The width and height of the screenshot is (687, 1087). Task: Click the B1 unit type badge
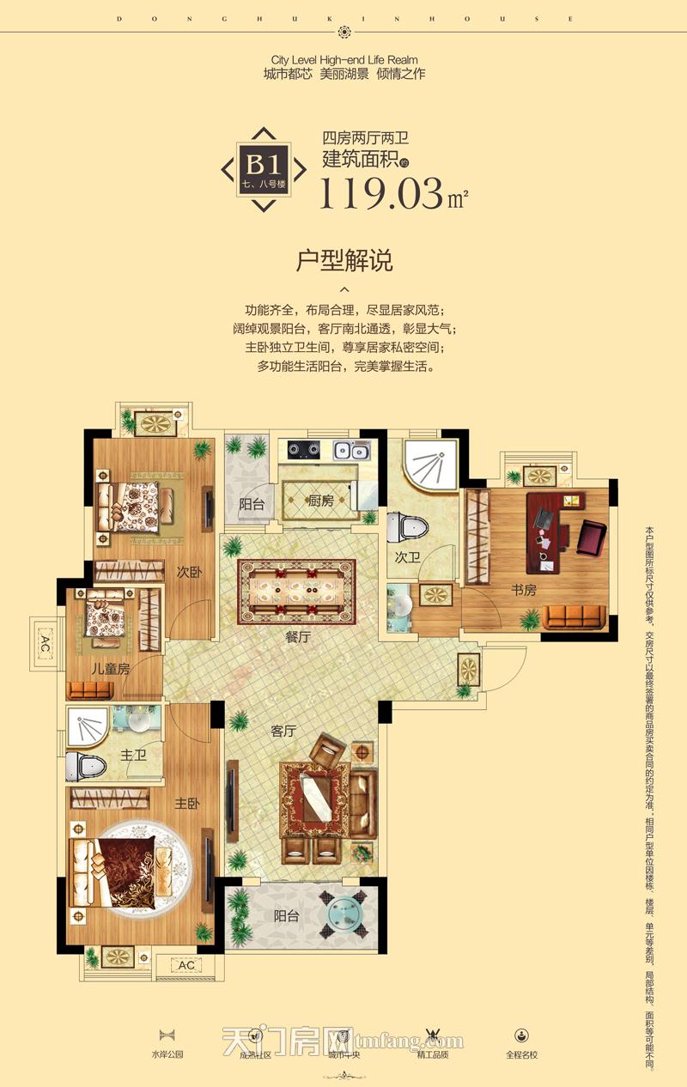264,170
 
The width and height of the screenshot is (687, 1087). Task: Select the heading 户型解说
343,260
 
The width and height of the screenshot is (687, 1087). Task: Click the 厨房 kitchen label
321,501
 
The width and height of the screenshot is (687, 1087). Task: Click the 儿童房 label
111,668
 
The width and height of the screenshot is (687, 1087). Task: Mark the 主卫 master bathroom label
131,756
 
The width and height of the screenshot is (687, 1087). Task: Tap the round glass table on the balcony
344,915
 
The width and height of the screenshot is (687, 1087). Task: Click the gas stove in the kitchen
303,448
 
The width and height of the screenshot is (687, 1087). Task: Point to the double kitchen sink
351,448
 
